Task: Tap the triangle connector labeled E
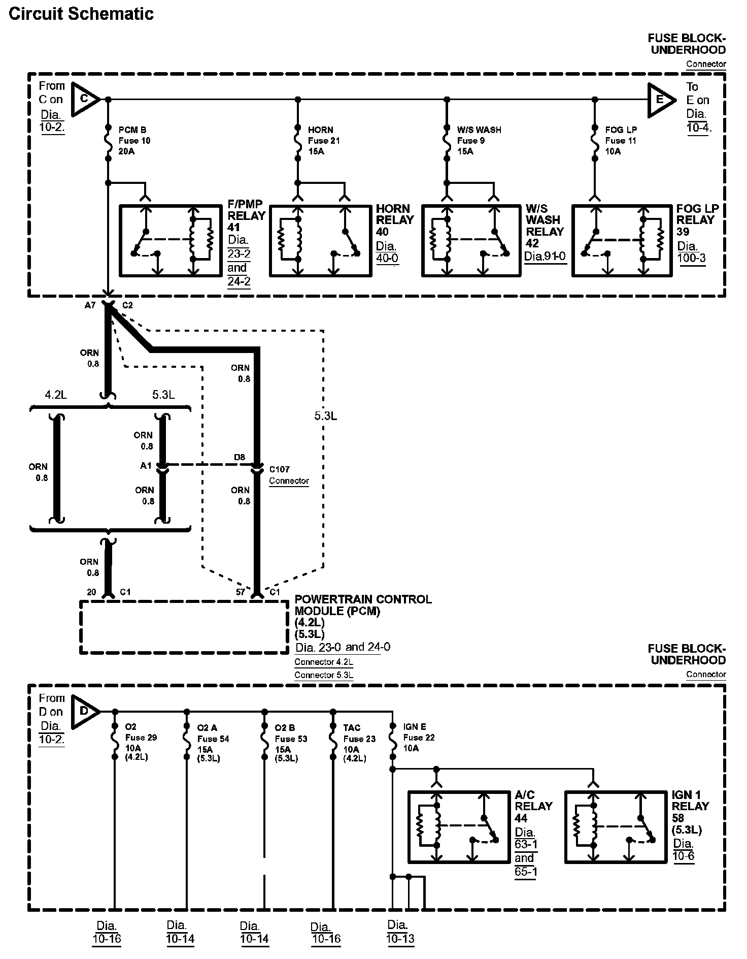pos(660,99)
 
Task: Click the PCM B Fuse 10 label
pos(134,141)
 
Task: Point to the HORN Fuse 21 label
pos(324,141)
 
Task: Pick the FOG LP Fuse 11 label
pos(621,141)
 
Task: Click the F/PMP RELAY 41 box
pos(171,240)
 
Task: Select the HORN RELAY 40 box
pos(320,241)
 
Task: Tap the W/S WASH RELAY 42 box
pos(471,241)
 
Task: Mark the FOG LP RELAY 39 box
pos(622,241)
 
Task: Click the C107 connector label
pos(280,469)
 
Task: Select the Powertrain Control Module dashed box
pos(184,627)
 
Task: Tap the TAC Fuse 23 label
pos(359,739)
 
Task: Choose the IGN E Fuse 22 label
pos(419,738)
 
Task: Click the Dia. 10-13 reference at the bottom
pos(400,932)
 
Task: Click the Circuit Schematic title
pos(81,14)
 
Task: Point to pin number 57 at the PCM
pos(241,592)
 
